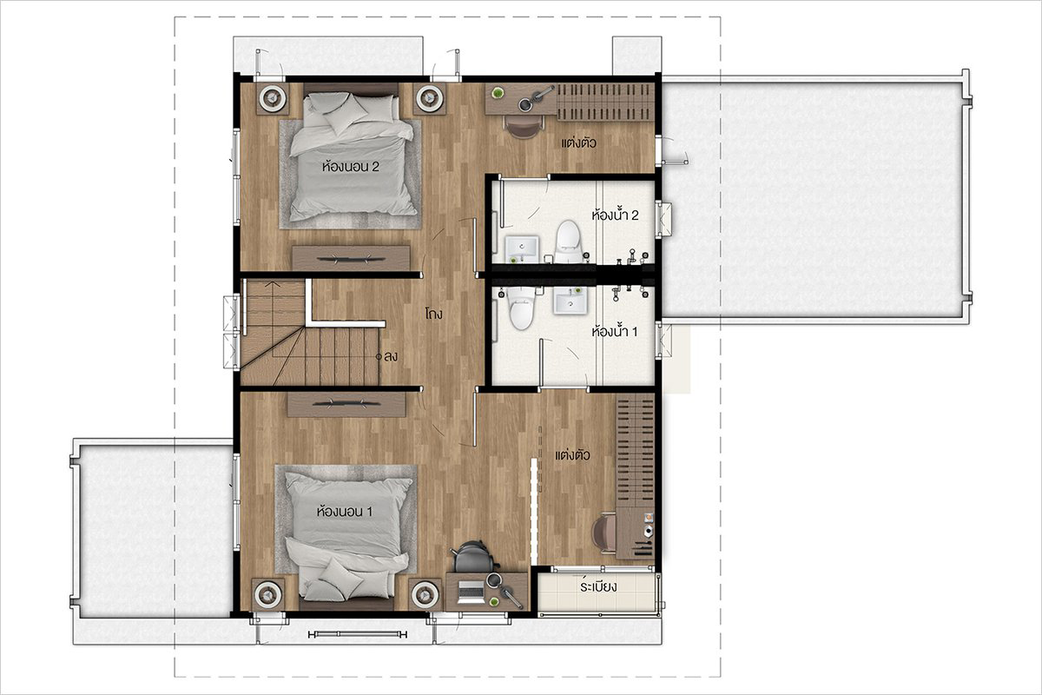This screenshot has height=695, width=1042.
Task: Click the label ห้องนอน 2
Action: click(350, 166)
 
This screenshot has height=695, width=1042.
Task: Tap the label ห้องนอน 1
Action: click(344, 512)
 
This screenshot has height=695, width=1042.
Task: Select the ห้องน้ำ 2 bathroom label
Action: click(615, 215)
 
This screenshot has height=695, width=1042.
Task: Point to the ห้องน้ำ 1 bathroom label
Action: click(615, 331)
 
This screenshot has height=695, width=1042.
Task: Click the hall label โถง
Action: click(433, 314)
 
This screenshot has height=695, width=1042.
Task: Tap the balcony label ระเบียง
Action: click(598, 586)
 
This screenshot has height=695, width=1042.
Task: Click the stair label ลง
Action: click(390, 356)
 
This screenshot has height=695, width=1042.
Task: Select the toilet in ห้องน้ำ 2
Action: click(568, 242)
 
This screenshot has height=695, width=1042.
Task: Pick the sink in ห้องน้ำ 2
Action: click(522, 249)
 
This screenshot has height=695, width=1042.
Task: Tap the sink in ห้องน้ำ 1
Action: click(570, 301)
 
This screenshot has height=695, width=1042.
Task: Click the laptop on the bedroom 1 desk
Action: click(471, 592)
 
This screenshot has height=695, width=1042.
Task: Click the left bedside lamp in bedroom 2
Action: click(272, 98)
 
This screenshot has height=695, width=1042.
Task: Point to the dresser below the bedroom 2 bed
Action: click(351, 257)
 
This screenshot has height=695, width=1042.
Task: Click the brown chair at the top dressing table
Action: click(524, 127)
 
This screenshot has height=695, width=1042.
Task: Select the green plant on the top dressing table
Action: click(498, 93)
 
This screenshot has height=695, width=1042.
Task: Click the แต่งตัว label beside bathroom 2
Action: click(578, 142)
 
